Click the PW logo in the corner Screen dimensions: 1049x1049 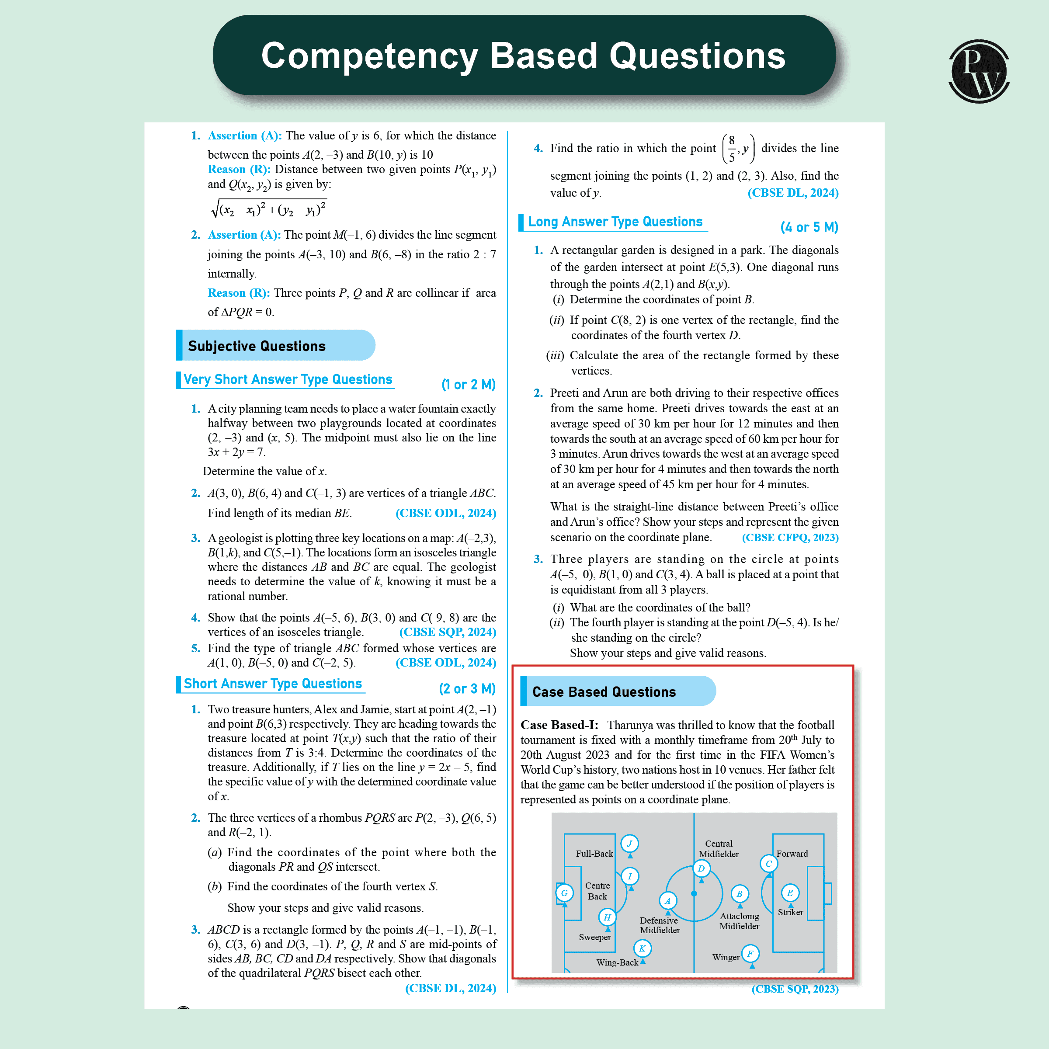tap(979, 71)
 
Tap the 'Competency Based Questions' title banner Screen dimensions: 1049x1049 tap(524, 56)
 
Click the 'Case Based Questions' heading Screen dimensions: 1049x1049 tap(604, 692)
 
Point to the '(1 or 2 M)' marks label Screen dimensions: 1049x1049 tap(468, 385)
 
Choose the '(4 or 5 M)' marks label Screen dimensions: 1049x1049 tap(809, 227)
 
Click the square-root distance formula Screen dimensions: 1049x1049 tap(269, 208)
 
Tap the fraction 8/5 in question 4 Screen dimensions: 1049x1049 tap(731, 148)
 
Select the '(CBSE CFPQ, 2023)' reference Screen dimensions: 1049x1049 tap(790, 538)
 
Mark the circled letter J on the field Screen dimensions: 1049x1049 tap(629, 843)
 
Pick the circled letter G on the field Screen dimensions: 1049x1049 tap(564, 893)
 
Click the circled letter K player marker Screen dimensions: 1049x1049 tap(643, 948)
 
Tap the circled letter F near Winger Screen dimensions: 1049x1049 tap(750, 953)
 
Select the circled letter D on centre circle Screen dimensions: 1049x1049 tap(701, 868)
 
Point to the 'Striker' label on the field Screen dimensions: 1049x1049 tap(790, 912)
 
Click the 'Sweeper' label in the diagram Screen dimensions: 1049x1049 tap(594, 937)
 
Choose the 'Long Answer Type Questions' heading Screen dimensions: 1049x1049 tap(615, 222)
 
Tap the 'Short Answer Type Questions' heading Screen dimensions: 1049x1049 tap(273, 684)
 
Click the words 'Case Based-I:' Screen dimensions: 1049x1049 tap(559, 725)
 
